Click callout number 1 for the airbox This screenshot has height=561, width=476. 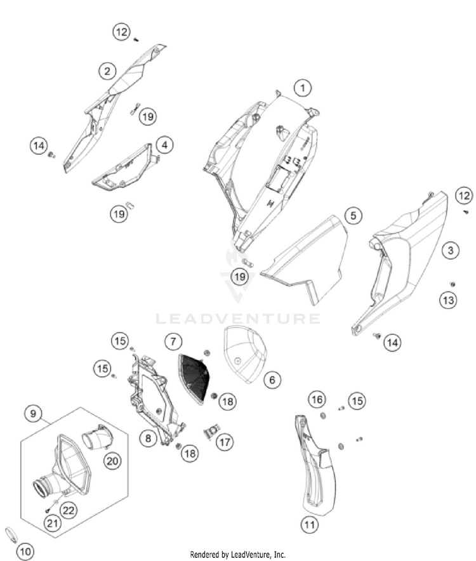[303, 87]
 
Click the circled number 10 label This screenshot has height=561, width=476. [25, 551]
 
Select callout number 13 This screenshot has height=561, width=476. [449, 300]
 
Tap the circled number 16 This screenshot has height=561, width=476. [317, 399]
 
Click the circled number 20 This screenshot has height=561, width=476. [112, 461]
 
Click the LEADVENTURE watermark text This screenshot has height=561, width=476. [238, 318]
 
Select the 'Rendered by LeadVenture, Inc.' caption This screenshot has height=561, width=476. [238, 554]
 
